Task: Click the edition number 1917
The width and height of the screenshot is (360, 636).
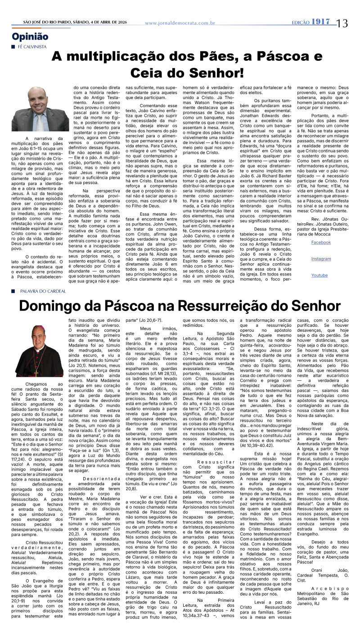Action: pyautogui.click(x=323, y=22)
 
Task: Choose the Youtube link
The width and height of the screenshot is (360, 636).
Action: pyautogui.click(x=319, y=275)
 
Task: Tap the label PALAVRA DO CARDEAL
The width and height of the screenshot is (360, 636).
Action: pyautogui.click(x=43, y=291)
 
